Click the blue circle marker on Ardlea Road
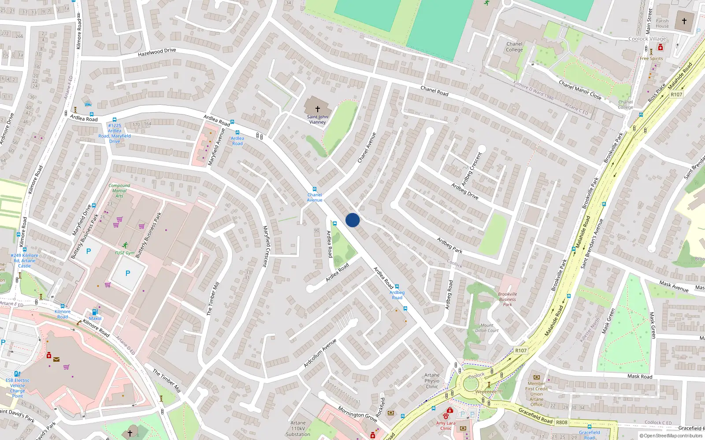click(x=352, y=220)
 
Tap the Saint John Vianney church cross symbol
click(x=317, y=109)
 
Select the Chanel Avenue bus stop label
click(x=315, y=198)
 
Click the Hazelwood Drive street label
click(x=157, y=52)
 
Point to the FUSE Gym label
click(x=125, y=253)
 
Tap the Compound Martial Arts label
click(x=119, y=191)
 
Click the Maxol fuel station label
click(x=95, y=319)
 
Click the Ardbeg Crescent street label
click(x=471, y=169)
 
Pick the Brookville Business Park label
click(x=507, y=299)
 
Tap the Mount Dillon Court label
click(x=487, y=328)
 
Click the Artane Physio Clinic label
click(x=432, y=381)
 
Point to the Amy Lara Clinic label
click(x=446, y=425)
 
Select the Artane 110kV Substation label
click(x=298, y=429)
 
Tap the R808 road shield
click(x=561, y=422)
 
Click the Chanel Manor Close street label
click(x=580, y=90)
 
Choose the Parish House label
click(x=662, y=23)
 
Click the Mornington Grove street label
click(x=357, y=414)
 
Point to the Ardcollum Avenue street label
click(x=320, y=353)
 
